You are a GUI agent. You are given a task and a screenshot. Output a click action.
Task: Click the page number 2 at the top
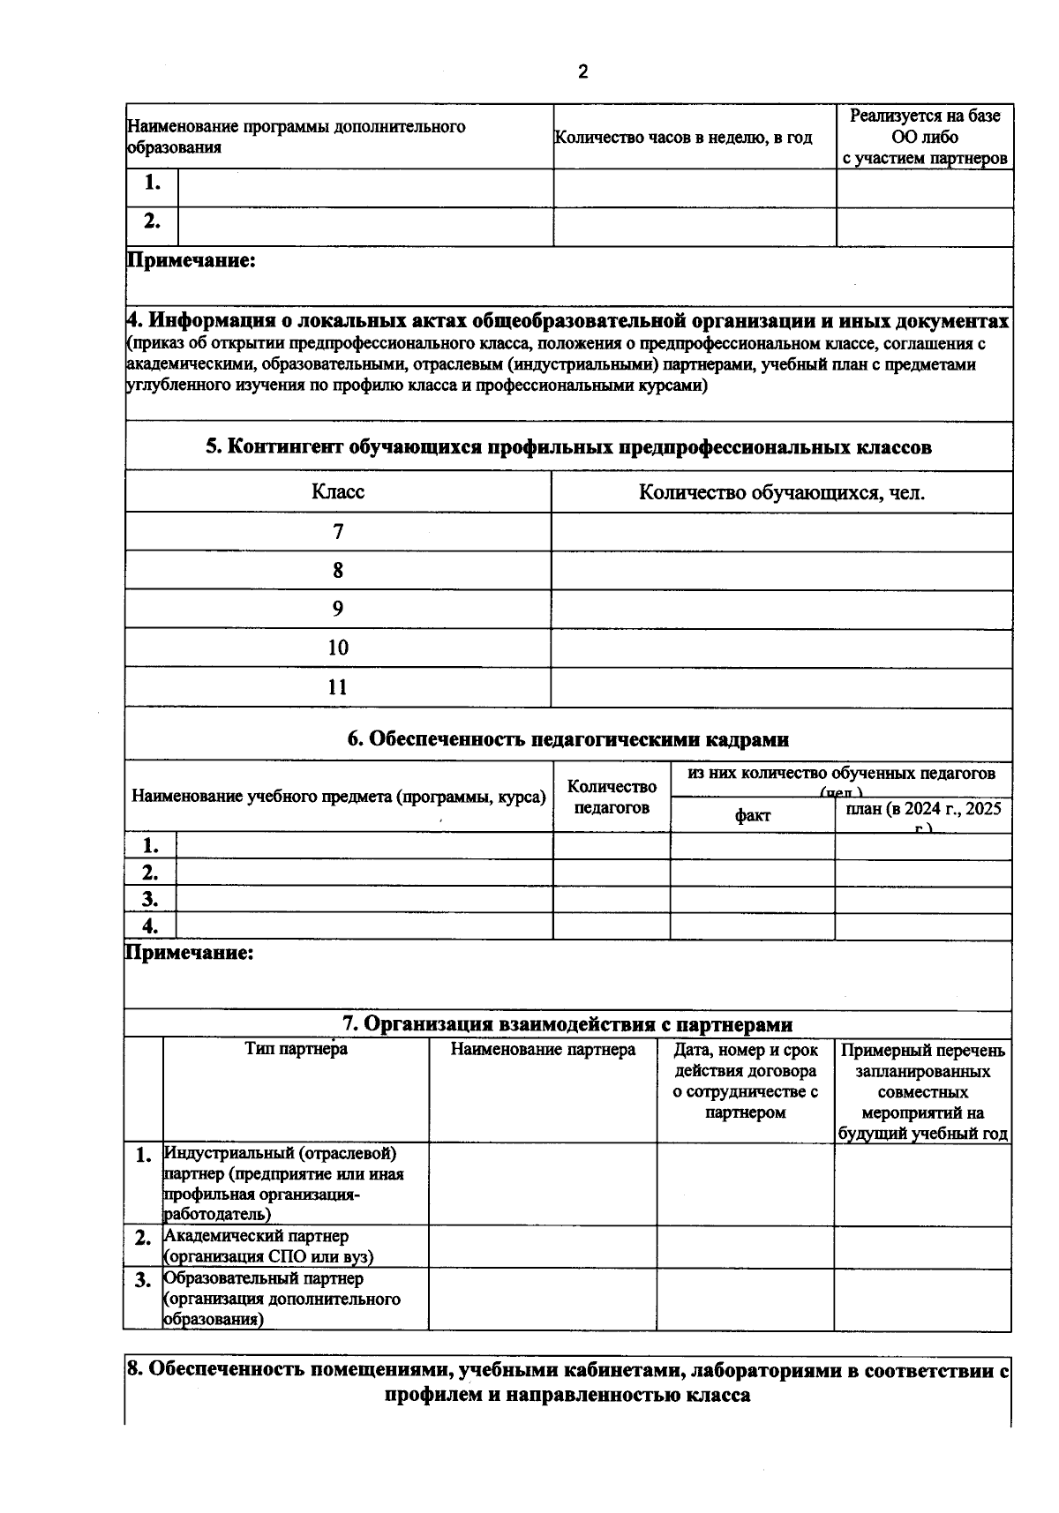tap(582, 72)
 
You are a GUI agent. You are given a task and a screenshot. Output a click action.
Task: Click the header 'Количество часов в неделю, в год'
tap(683, 138)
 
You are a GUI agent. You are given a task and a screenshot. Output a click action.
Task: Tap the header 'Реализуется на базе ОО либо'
tap(924, 126)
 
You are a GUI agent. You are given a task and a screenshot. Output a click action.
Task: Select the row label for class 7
tap(338, 532)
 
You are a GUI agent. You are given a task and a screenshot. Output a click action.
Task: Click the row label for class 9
tap(338, 609)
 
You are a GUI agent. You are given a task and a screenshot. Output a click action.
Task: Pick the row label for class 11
tap(338, 687)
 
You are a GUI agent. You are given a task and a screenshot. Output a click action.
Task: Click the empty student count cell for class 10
tap(781, 648)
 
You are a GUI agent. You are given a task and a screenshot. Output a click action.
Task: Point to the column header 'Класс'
tap(338, 491)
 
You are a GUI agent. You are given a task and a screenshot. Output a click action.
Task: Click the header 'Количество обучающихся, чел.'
tap(781, 492)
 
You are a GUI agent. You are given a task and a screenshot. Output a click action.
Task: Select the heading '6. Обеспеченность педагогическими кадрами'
tap(567, 739)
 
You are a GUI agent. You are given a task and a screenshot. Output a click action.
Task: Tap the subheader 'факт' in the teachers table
tap(752, 815)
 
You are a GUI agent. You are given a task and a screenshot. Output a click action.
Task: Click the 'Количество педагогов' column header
tap(612, 797)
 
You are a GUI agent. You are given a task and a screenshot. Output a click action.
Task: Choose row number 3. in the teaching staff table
tap(151, 899)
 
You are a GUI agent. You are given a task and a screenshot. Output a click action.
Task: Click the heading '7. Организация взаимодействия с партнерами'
tap(567, 1024)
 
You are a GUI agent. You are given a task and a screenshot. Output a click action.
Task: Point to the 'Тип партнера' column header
tap(296, 1049)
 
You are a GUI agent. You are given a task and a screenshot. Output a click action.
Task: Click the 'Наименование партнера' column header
tap(543, 1050)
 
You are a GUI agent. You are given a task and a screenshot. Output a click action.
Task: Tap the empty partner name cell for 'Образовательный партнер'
tap(543, 1299)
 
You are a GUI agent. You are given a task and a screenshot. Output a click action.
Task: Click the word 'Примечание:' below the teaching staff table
tap(190, 953)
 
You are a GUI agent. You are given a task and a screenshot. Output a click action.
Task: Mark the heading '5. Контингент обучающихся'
tap(567, 446)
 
